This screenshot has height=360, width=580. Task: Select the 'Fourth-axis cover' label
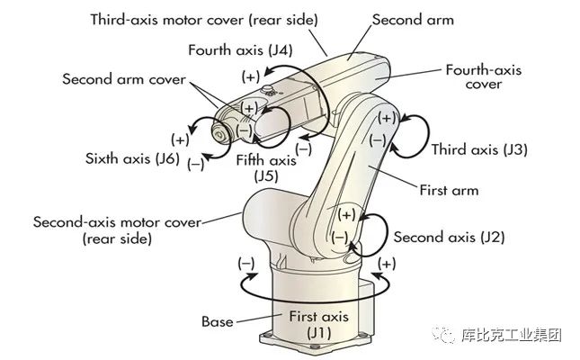[x=485, y=76]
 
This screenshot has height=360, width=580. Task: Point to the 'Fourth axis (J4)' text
[x=240, y=49]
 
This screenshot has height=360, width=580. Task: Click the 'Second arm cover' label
[x=123, y=79]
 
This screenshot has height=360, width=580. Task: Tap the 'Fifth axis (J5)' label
[x=265, y=168]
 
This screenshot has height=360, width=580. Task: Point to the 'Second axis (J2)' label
[x=450, y=238]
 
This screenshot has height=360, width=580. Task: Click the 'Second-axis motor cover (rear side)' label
[x=117, y=229]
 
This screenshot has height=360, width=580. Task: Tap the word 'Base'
[x=217, y=320]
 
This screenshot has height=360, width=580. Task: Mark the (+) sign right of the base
[x=388, y=264]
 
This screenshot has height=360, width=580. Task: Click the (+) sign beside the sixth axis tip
[x=180, y=139]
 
